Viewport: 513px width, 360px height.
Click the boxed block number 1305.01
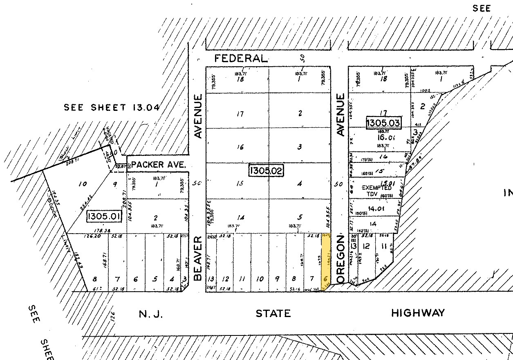pos(104,217)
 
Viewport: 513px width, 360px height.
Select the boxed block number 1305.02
pos(266,170)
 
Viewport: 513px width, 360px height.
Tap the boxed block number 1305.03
pos(383,123)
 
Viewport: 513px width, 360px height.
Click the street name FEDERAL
pos(241,59)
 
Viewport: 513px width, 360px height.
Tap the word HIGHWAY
pos(418,313)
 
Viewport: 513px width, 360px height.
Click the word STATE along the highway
pos(273,314)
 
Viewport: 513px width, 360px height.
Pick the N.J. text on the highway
pos(151,314)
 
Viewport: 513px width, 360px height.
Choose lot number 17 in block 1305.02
pos(240,115)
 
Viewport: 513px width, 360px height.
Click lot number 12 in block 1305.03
pos(366,246)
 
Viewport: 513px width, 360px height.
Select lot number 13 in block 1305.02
pos(211,279)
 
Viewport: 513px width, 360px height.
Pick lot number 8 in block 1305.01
pos(95,279)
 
